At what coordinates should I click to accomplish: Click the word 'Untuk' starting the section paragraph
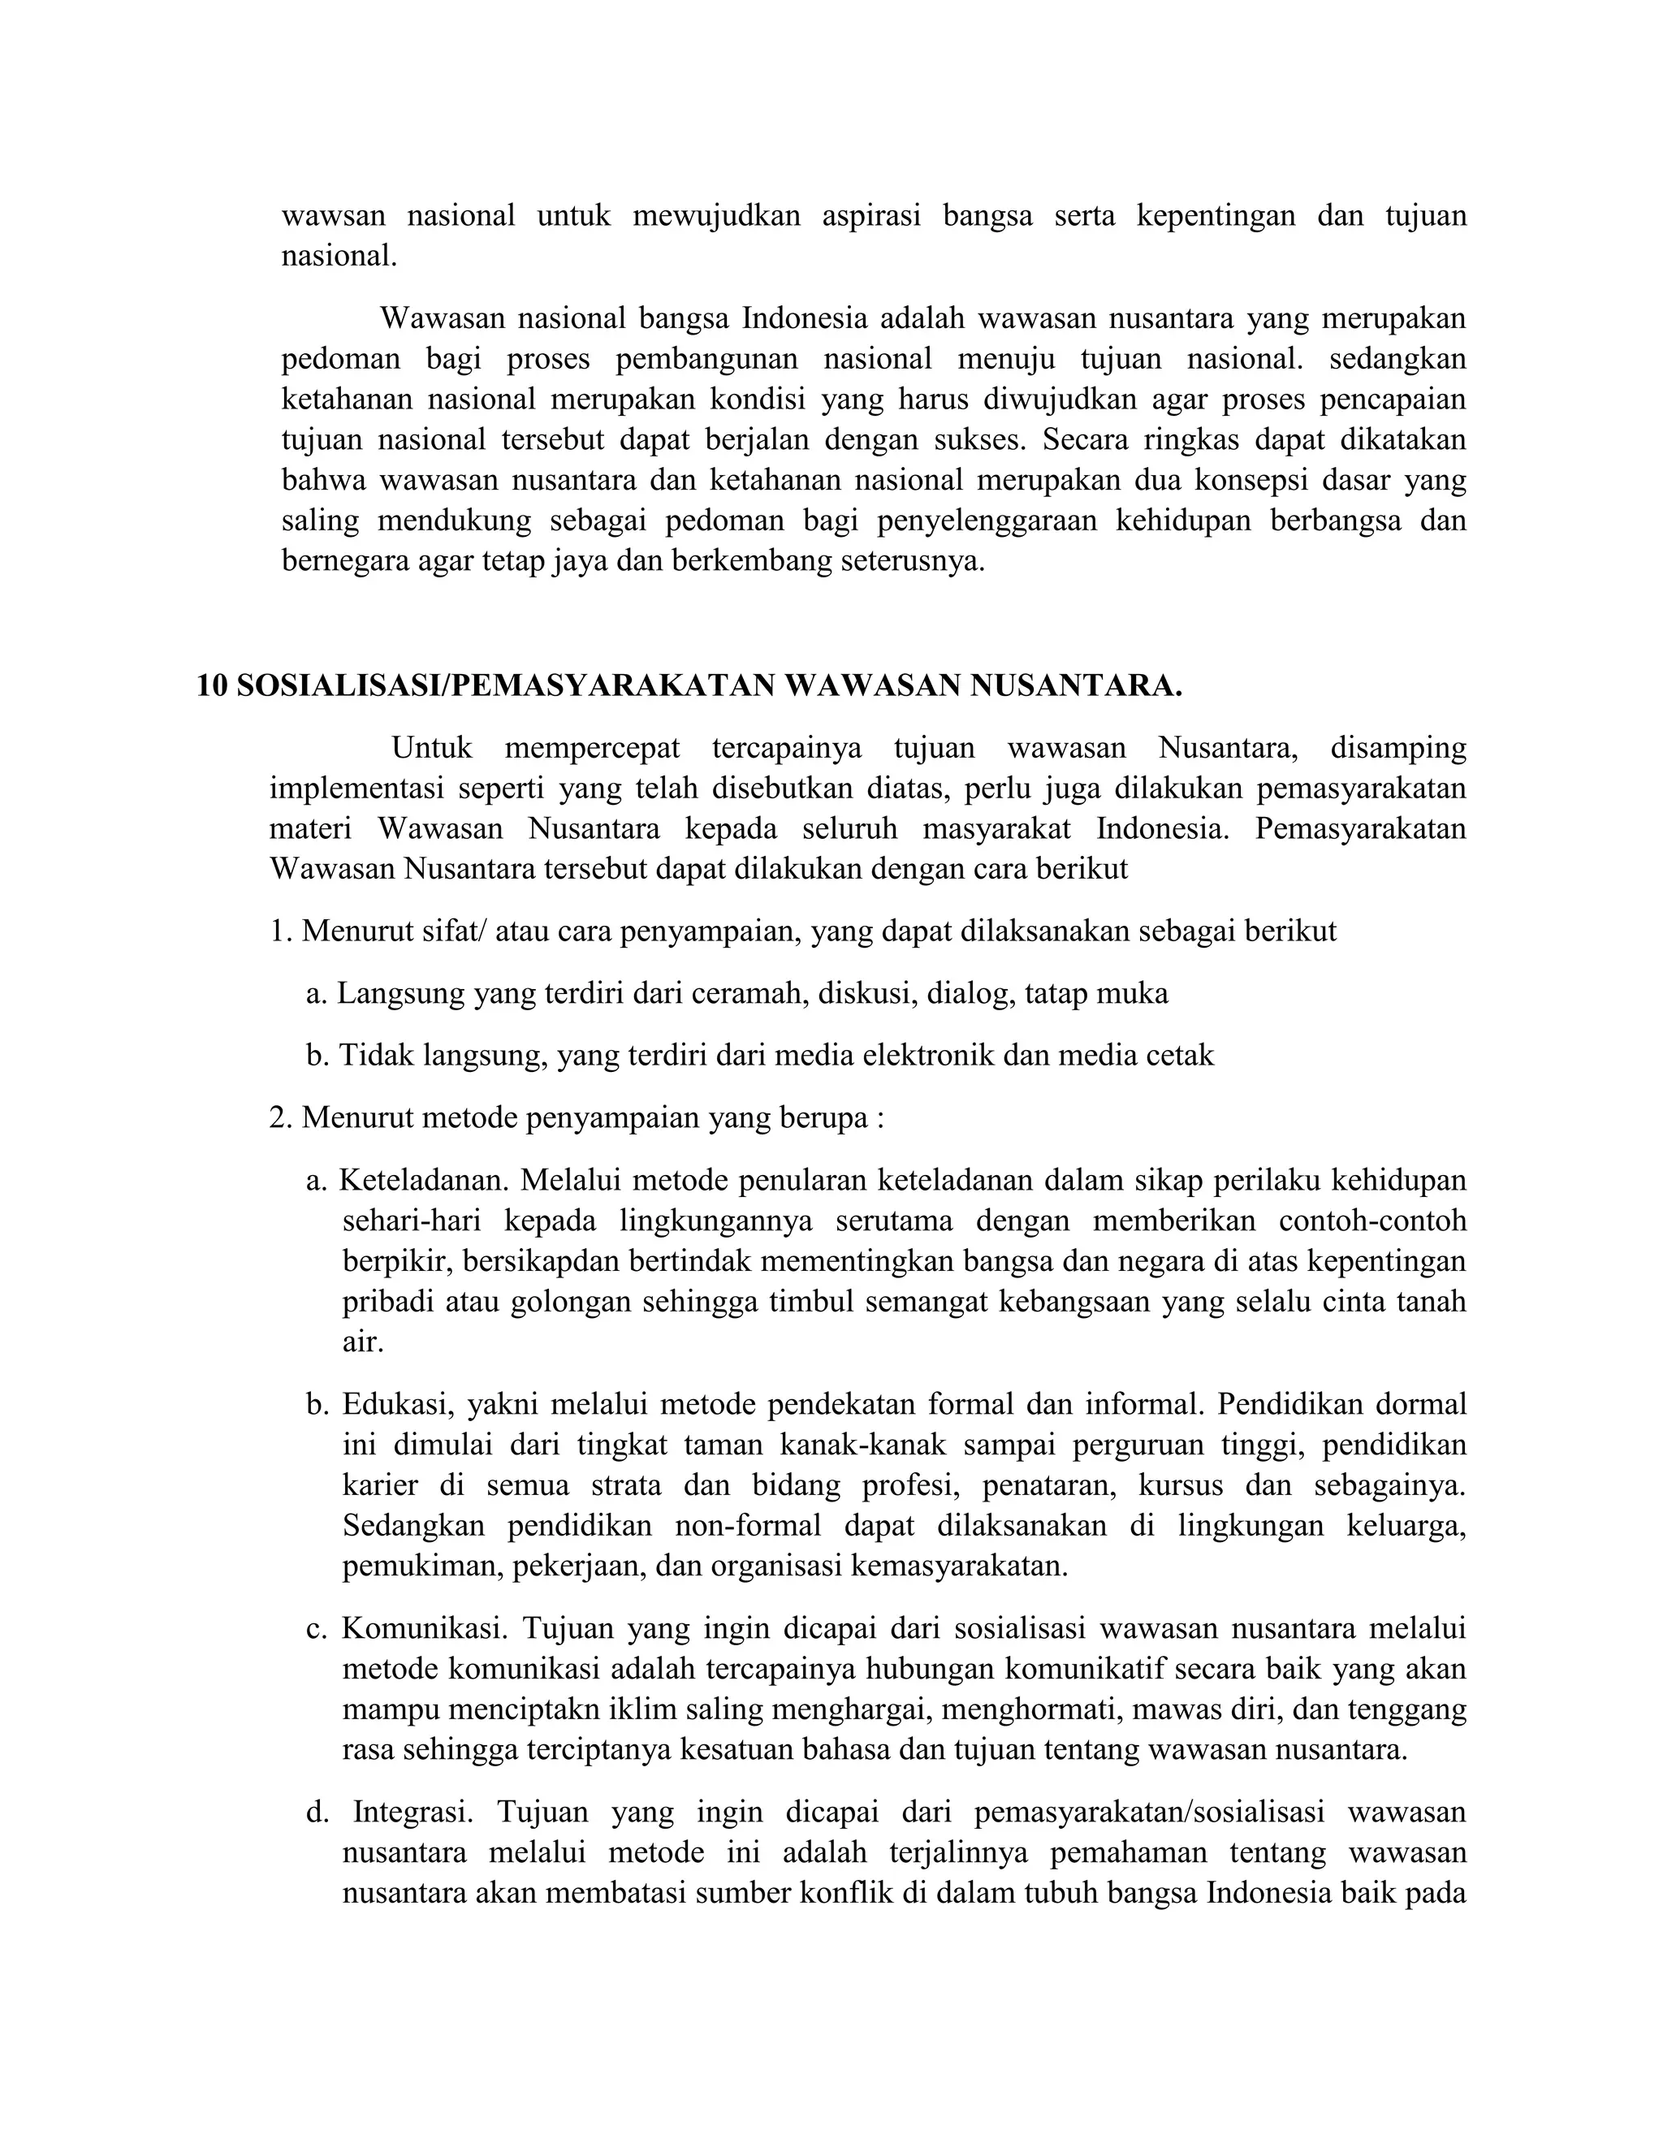point(431,748)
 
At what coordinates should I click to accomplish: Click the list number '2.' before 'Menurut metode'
point(282,1118)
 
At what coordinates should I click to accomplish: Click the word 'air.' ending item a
point(362,1342)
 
